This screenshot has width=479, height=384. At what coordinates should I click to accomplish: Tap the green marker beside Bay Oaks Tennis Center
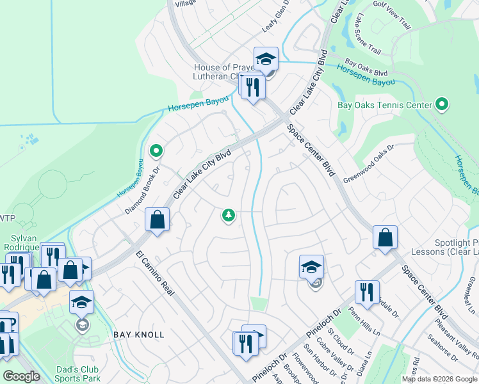[441, 104]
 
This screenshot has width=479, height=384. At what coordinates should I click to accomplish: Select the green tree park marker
[228, 216]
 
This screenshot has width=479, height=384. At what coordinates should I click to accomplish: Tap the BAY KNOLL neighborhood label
[139, 335]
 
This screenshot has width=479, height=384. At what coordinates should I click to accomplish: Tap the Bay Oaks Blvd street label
[366, 66]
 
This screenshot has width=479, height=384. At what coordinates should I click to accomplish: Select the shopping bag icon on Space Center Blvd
[385, 237]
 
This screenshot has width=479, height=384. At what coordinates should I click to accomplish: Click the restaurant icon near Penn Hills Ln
[367, 292]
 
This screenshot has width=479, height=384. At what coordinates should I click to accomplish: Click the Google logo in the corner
[21, 376]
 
